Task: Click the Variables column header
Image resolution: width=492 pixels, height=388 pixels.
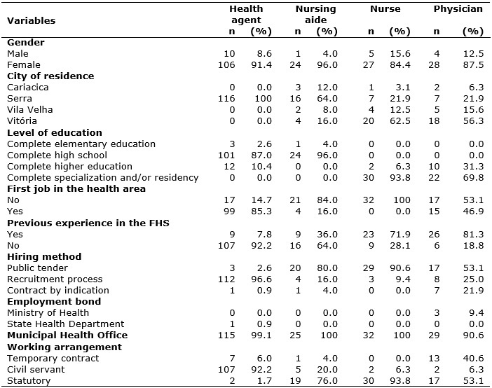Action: [31, 21]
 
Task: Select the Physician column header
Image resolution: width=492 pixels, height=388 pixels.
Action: [458, 9]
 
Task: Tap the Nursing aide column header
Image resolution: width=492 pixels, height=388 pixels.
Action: [315, 15]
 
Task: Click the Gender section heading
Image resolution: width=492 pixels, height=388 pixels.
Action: [26, 42]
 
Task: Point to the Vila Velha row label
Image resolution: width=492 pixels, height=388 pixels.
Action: [30, 110]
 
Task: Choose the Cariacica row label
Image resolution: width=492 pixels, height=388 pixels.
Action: [27, 88]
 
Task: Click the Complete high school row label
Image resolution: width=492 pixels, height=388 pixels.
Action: [57, 155]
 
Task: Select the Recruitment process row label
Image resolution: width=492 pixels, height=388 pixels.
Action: [55, 279]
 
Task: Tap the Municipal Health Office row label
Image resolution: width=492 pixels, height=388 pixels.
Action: [67, 335]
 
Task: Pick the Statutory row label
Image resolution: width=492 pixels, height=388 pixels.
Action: [29, 381]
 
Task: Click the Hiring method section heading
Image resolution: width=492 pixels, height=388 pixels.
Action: [44, 256]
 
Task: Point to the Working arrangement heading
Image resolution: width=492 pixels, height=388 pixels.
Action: [64, 347]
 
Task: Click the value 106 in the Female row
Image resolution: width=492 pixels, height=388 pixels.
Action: [226, 65]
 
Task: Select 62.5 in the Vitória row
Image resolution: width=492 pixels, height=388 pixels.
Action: [400, 121]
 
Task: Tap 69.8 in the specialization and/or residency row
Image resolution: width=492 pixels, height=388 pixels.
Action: [474, 178]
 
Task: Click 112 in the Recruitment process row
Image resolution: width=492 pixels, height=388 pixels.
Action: [226, 279]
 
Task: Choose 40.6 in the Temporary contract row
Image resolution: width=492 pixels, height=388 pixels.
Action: [474, 358]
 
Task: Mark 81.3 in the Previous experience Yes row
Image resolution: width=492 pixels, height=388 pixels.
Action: [474, 235]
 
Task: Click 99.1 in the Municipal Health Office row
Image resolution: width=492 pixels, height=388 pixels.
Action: [261, 335]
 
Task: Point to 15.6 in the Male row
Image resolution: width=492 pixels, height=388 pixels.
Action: [400, 54]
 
